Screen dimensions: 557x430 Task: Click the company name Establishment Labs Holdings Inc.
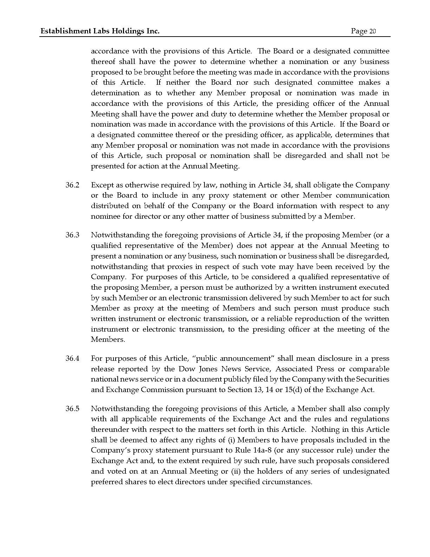(100, 31)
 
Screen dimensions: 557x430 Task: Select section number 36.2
(72, 185)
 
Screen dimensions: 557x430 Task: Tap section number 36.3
(72, 235)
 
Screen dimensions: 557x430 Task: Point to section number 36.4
(72, 358)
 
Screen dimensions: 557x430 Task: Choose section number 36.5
(72, 409)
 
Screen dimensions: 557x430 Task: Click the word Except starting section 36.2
(102, 185)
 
